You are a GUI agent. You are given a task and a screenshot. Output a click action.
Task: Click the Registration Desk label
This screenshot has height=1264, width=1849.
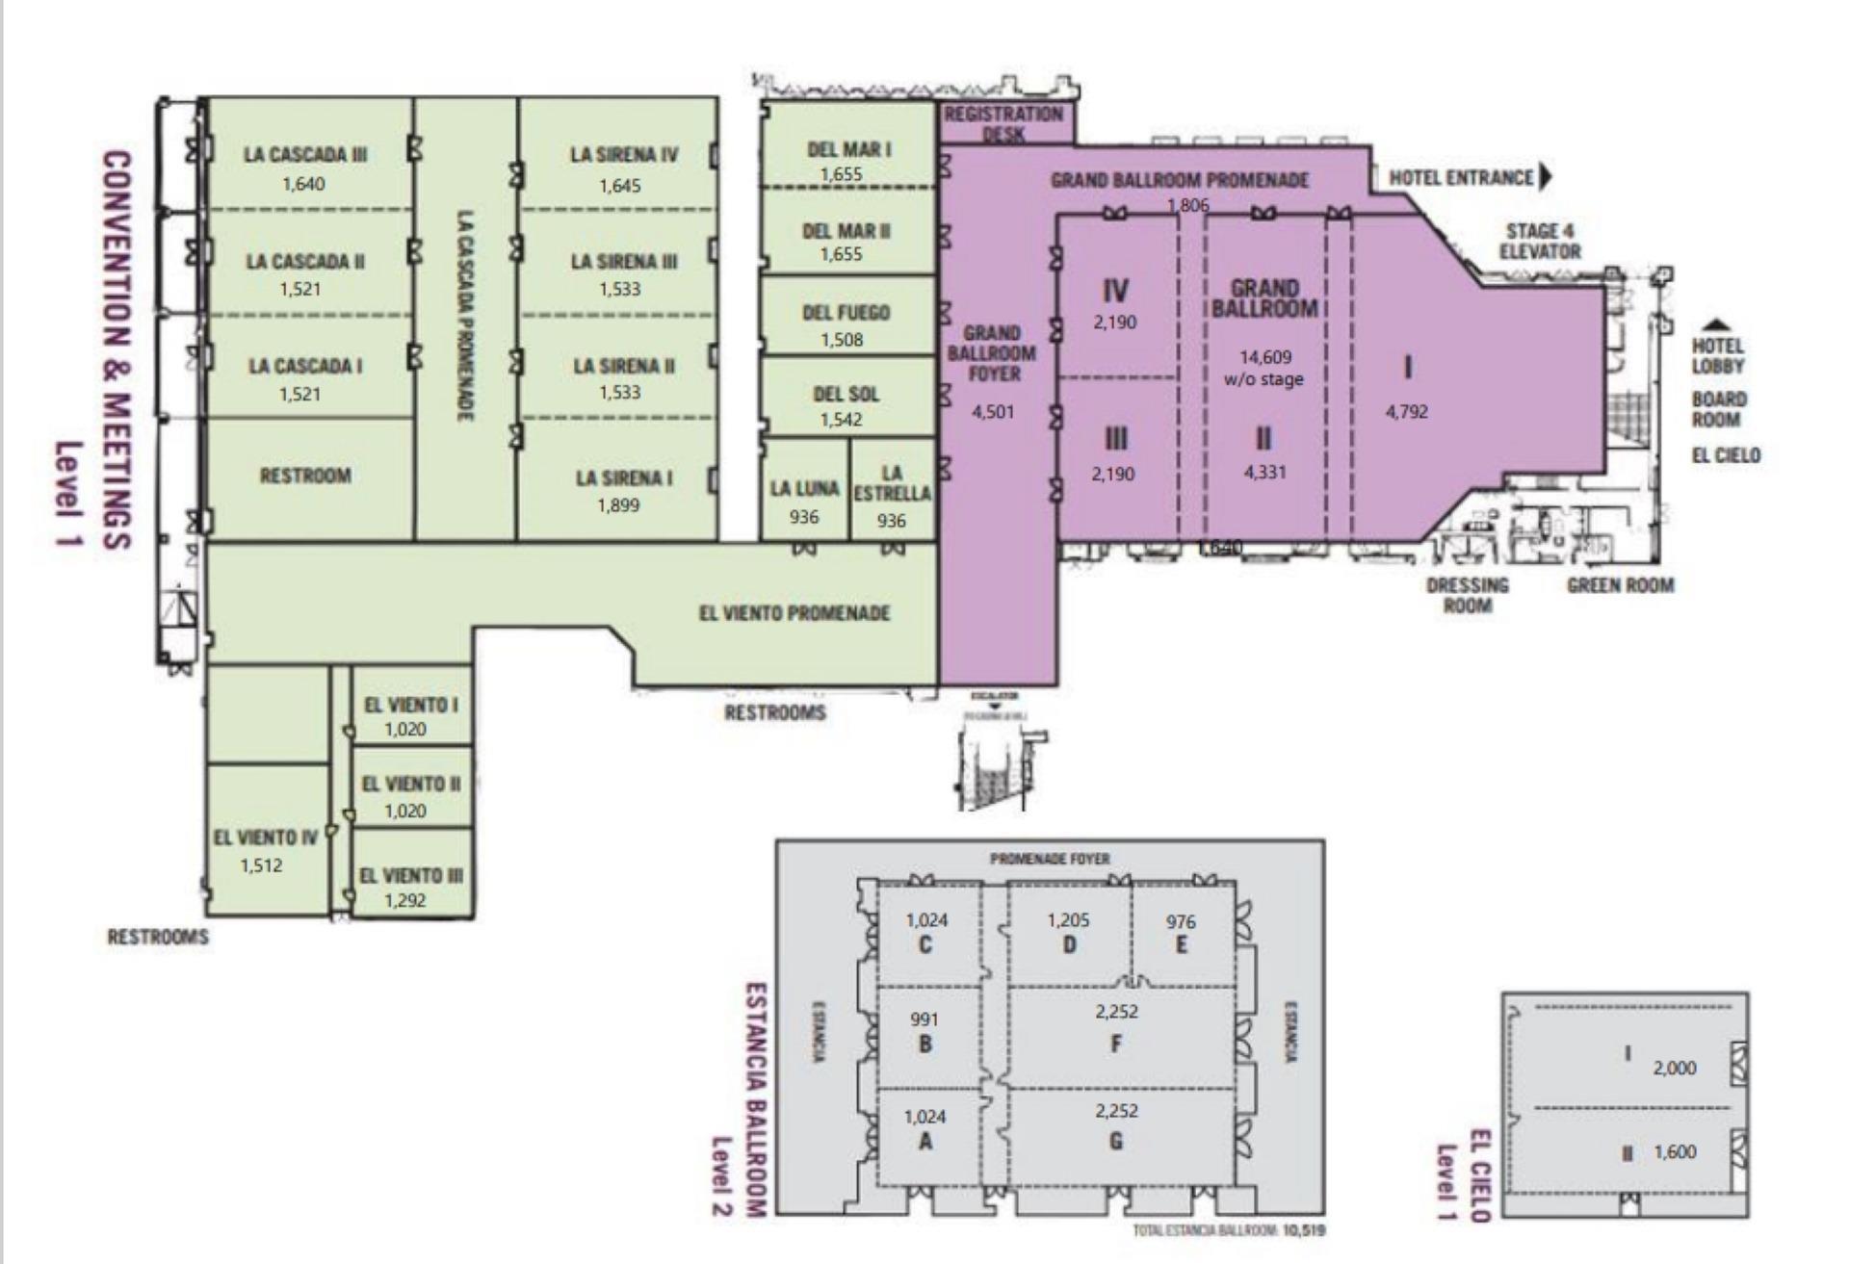[x=1003, y=123]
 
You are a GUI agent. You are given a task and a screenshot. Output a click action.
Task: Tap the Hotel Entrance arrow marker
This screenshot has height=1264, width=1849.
[x=1547, y=177]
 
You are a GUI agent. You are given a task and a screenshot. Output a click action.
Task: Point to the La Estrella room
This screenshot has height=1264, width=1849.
[x=892, y=493]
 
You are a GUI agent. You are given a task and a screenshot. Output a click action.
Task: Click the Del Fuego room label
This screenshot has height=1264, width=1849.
[x=846, y=313]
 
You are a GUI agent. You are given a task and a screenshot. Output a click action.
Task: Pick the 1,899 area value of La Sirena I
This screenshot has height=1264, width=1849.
[x=618, y=505]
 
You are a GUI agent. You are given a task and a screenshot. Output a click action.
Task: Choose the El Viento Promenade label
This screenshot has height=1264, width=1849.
[x=794, y=613]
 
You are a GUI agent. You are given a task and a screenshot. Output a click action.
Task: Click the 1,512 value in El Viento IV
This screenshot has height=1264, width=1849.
[x=261, y=865]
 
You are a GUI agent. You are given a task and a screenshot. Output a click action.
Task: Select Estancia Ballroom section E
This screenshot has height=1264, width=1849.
[x=1182, y=934]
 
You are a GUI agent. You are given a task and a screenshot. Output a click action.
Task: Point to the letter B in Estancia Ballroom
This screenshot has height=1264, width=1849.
[x=925, y=1045]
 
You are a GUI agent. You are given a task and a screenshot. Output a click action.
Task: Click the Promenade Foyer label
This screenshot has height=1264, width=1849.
[x=1050, y=859]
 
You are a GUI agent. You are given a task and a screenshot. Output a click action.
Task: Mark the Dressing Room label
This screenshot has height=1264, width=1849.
[x=1468, y=595]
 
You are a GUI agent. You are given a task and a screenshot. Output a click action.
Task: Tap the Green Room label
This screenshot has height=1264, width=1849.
[x=1620, y=585]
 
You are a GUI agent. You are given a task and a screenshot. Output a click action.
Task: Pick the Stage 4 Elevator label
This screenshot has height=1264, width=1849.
[x=1540, y=241]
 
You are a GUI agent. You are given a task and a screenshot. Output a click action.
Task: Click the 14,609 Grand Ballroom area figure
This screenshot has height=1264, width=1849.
[x=1264, y=358]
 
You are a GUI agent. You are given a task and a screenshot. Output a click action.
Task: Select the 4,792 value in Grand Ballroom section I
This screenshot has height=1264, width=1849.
[x=1407, y=412]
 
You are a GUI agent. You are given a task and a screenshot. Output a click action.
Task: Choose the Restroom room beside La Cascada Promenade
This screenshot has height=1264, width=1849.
[x=305, y=476]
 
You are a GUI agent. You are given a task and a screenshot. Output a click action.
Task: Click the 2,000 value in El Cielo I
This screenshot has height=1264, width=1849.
[x=1675, y=1068]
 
